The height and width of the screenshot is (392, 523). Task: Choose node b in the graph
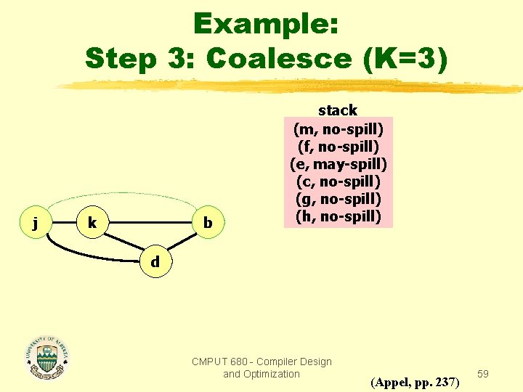tap(208, 223)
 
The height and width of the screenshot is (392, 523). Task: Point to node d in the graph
tap(155, 261)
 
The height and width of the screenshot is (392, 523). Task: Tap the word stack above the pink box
tap(338, 110)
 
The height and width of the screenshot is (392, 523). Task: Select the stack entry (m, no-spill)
tap(338, 128)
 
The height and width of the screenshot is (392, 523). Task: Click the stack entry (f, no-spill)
tap(338, 146)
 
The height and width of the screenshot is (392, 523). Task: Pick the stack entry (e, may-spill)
tap(338, 163)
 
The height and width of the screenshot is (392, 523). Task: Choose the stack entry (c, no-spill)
tap(338, 181)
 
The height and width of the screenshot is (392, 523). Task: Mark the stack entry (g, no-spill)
tap(338, 198)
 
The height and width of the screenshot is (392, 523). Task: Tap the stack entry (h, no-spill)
tap(338, 216)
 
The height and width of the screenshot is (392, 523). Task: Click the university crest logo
tap(48, 358)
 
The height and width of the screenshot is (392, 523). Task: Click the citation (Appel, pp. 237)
tap(415, 380)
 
